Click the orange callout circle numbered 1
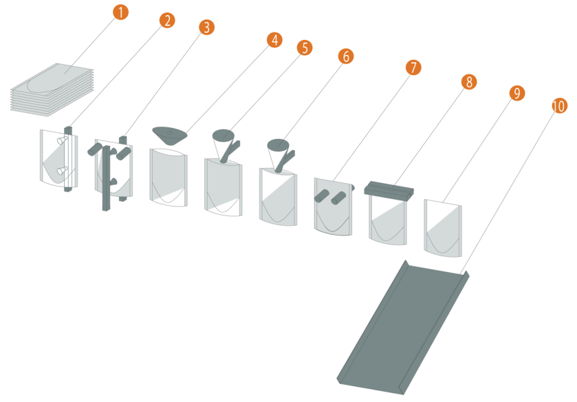120,12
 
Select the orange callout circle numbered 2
166,20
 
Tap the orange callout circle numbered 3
206,27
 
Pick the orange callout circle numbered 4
274,40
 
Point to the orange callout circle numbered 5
304,47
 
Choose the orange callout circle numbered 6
345,56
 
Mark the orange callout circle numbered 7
413,67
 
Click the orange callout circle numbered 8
468,82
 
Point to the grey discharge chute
402,324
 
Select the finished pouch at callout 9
444,227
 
